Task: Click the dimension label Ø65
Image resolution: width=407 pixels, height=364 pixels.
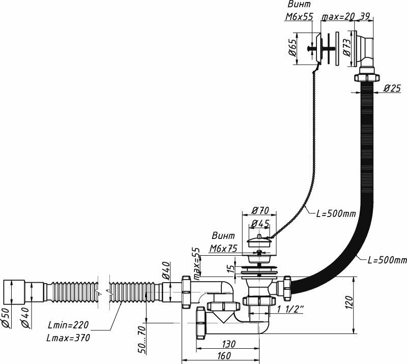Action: (293, 50)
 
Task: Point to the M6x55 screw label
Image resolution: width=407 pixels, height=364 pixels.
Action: (298, 16)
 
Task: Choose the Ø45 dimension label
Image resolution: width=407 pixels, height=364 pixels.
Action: (260, 224)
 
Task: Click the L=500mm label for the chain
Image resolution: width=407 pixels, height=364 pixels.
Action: (336, 214)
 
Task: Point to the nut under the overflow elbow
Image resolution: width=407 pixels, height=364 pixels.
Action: (366, 78)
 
